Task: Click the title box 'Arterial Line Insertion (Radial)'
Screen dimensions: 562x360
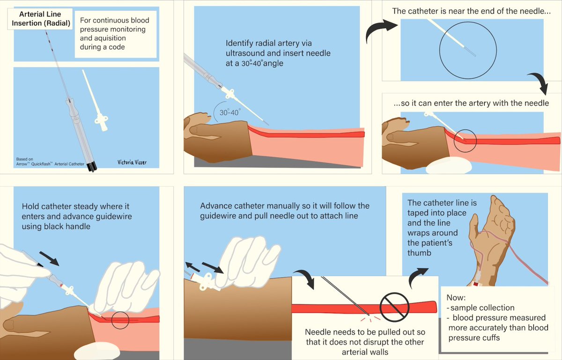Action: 40,19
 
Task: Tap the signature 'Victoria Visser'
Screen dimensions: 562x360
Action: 132,162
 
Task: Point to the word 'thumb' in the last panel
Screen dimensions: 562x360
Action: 419,253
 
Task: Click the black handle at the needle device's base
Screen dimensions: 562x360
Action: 91,167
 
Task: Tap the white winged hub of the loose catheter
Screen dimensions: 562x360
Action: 101,122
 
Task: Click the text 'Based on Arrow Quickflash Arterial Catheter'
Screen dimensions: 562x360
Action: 50,162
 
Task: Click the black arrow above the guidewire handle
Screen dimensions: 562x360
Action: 49,259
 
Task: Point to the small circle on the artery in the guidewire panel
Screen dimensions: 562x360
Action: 120,320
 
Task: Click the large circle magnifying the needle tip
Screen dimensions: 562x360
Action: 468,50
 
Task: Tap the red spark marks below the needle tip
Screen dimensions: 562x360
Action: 370,319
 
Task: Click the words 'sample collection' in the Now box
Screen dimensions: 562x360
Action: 482,308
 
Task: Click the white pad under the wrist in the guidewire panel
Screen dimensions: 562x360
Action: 97,351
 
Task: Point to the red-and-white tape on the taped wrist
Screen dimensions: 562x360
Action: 476,284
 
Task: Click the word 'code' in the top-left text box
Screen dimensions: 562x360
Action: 117,47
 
